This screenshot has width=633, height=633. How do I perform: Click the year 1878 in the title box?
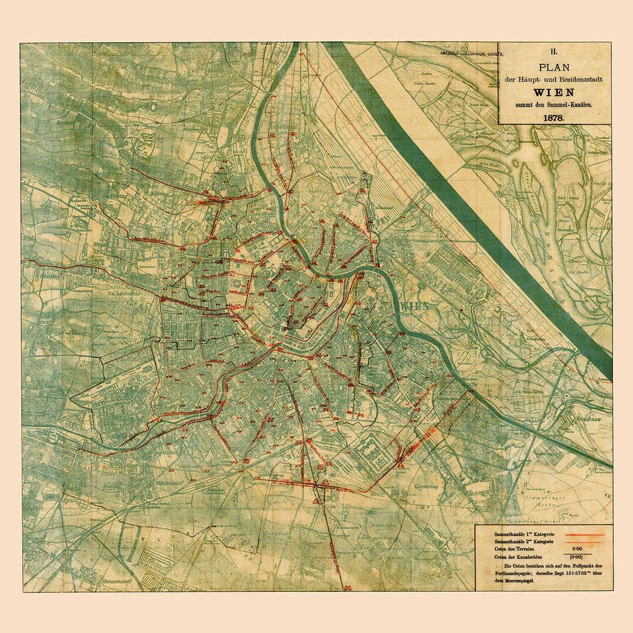pos(553,117)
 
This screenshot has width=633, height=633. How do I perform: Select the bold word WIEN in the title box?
pos(553,92)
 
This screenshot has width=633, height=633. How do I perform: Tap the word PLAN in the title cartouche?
pos(553,67)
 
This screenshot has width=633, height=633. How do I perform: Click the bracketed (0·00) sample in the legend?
pos(577,557)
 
